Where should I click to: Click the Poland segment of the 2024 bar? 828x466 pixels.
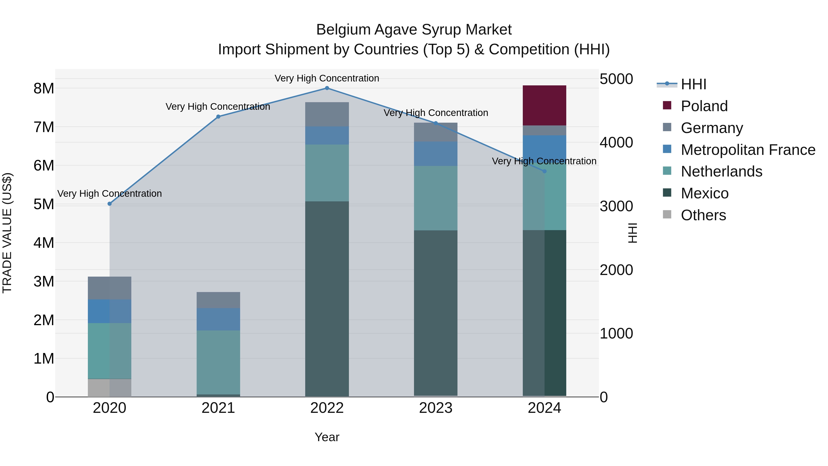pos(544,105)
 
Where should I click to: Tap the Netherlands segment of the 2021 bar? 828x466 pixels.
pos(218,362)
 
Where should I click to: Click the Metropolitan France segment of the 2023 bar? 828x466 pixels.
pos(436,154)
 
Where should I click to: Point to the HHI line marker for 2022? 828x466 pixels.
pos(327,88)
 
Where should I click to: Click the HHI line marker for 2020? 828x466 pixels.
pos(110,204)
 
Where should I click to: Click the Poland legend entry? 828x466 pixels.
pos(704,106)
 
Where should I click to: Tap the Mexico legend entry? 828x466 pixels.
pos(704,194)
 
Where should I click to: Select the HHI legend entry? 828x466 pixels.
pos(693,84)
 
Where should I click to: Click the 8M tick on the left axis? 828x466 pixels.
pos(44,88)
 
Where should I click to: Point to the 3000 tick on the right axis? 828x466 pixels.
pos(616,206)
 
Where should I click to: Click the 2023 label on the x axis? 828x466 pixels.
pos(436,408)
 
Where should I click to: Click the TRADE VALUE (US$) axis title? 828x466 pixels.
pos(7,233)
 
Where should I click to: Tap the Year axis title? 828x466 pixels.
pos(327,437)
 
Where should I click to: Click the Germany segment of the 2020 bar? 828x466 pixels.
pos(109,288)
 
